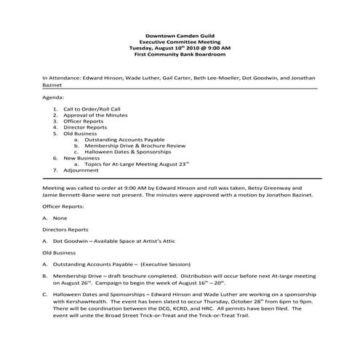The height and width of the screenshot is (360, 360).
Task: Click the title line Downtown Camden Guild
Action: [180, 36]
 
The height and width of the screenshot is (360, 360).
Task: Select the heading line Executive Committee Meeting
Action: [180, 42]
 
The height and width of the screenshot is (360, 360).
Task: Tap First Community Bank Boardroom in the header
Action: [180, 55]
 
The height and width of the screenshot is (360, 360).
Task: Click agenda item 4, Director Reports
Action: [86, 127]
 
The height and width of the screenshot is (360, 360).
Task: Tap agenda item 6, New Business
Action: [81, 158]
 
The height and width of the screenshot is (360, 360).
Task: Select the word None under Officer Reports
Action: [60, 218]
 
